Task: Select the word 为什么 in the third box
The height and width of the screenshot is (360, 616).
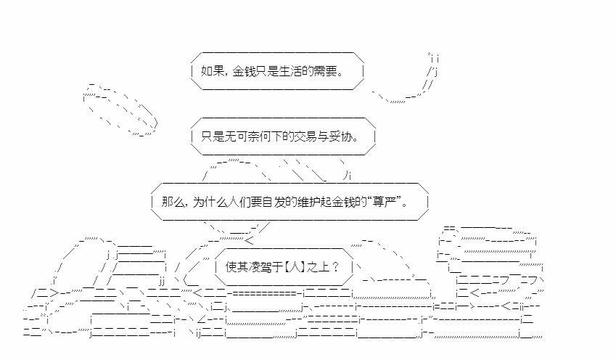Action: [206, 202]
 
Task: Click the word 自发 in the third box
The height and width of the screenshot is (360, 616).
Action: [276, 202]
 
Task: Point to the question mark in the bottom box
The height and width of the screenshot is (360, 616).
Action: [336, 265]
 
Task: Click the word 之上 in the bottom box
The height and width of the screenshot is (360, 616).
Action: [321, 265]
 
